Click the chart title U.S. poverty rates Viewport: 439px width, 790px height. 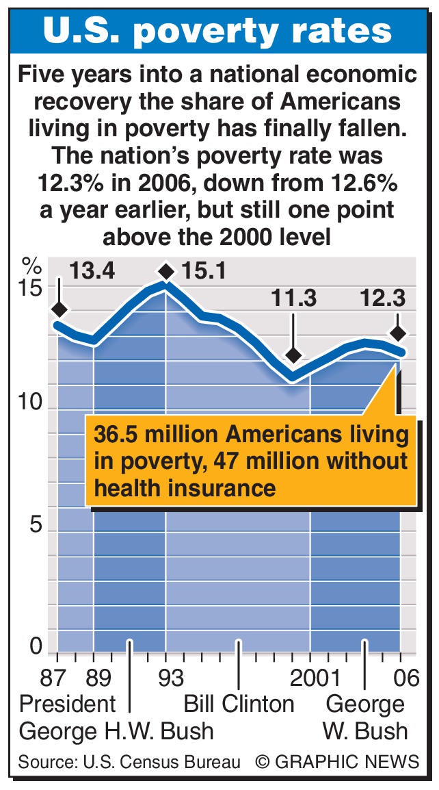point(218,31)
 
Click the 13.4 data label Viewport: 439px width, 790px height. point(92,271)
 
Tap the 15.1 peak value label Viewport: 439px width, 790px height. point(204,271)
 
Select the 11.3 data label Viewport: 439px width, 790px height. point(293,299)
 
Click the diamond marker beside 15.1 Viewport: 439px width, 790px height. point(165,272)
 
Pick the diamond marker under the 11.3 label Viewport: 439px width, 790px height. point(293,355)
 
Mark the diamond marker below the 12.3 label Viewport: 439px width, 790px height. point(398,333)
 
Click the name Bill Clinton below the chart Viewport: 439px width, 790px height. point(239,704)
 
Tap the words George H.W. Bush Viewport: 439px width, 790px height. point(116,730)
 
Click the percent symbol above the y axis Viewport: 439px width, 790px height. point(31,264)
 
